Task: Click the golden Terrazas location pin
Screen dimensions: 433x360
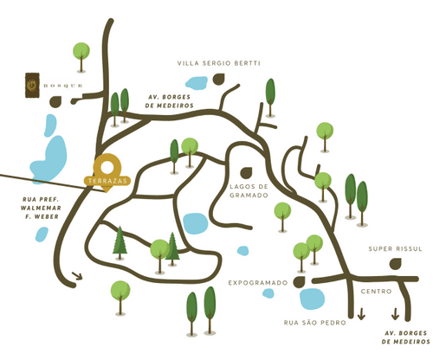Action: pyautogui.click(x=107, y=172)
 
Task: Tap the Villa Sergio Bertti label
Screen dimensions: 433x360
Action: pyautogui.click(x=219, y=63)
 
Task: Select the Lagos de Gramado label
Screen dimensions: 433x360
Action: pyautogui.click(x=249, y=191)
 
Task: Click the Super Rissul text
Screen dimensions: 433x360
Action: pyautogui.click(x=395, y=248)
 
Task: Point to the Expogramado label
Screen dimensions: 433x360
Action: pyautogui.click(x=258, y=283)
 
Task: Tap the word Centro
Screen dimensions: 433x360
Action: pyautogui.click(x=376, y=292)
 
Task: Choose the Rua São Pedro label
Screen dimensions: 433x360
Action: pyautogui.click(x=314, y=323)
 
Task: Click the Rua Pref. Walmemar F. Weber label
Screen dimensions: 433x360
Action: pyautogui.click(x=41, y=208)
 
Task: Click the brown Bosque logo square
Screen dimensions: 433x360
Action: pyautogui.click(x=32, y=85)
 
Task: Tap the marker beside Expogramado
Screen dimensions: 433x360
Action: pyautogui.click(x=300, y=282)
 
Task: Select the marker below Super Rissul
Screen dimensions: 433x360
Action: pyautogui.click(x=396, y=264)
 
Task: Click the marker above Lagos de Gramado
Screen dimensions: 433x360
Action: pyautogui.click(x=246, y=172)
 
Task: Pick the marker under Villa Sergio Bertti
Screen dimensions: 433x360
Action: pyautogui.click(x=219, y=79)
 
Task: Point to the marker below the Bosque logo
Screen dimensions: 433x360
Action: pyautogui.click(x=55, y=102)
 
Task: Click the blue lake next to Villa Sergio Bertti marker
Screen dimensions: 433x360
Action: pyautogui.click(x=197, y=82)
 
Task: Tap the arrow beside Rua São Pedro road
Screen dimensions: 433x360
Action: pyautogui.click(x=361, y=314)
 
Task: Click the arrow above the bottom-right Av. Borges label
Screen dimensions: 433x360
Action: pyautogui.click(x=395, y=314)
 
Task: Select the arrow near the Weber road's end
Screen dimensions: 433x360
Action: pyautogui.click(x=77, y=276)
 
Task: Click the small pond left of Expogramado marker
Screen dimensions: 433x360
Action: pyautogui.click(x=268, y=293)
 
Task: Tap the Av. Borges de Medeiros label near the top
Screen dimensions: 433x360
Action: pyautogui.click(x=169, y=101)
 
